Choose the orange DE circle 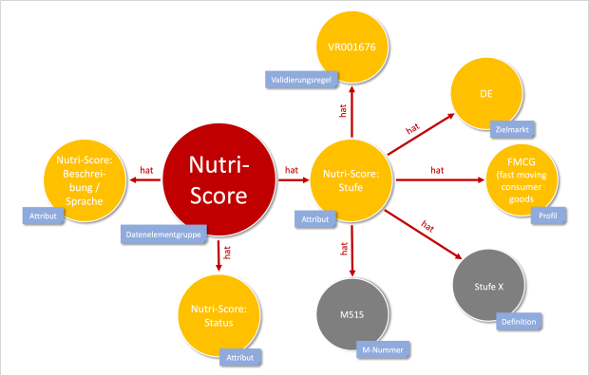point(484,96)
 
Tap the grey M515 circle point(352,313)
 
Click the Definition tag point(519,322)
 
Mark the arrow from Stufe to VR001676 point(352,110)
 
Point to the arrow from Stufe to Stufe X point(424,228)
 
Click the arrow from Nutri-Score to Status point(218,254)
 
